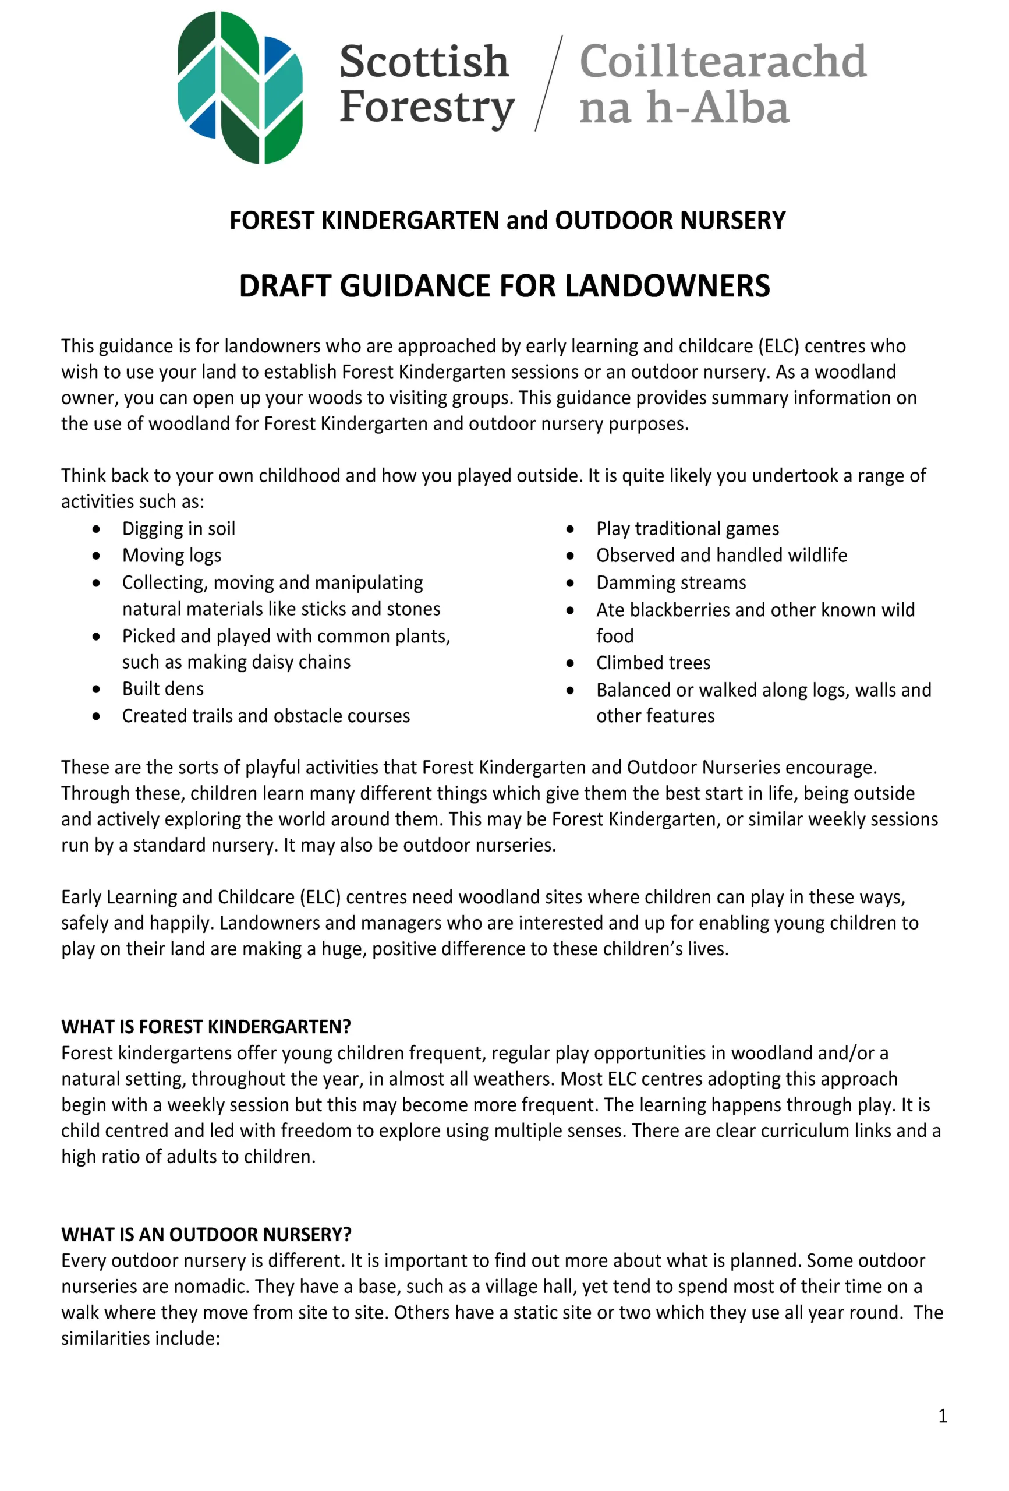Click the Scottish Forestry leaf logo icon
(x=239, y=87)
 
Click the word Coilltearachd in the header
(x=723, y=62)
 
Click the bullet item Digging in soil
(x=178, y=528)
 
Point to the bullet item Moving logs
(x=171, y=555)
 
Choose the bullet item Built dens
(x=163, y=688)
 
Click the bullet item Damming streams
(x=671, y=582)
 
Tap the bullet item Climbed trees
(x=653, y=662)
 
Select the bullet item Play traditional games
(x=687, y=528)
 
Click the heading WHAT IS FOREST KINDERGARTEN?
(x=206, y=1026)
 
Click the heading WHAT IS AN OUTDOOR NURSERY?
(x=206, y=1234)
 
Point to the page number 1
(x=941, y=1415)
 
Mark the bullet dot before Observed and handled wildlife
(x=569, y=556)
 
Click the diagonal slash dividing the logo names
(x=549, y=83)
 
